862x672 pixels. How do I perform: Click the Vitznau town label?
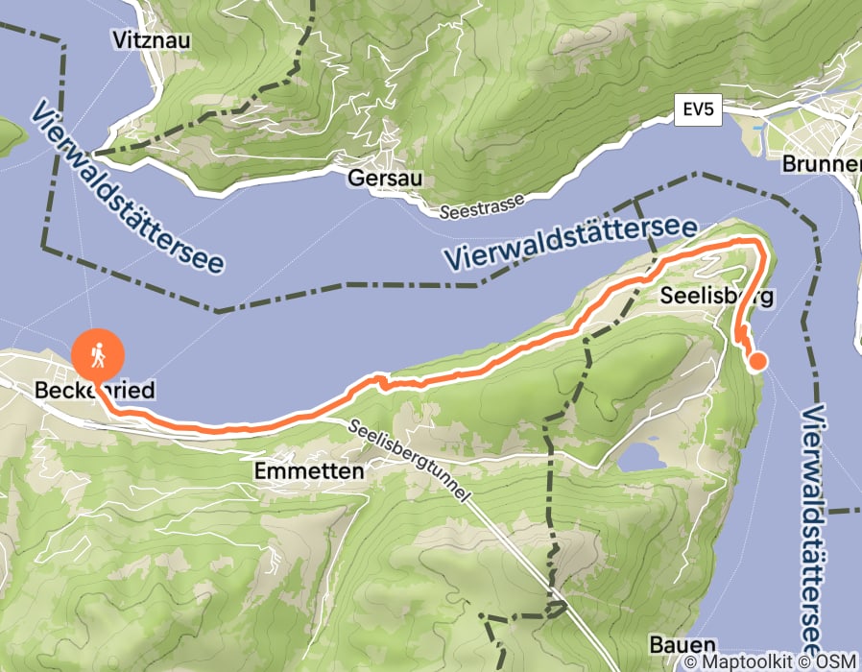pyautogui.click(x=152, y=40)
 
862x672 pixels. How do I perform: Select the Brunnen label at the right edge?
pyautogui.click(x=821, y=164)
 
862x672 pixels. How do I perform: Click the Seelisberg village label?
pyautogui.click(x=716, y=297)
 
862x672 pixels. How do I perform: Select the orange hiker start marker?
pyautogui.click(x=98, y=356)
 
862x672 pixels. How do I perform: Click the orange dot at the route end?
pyautogui.click(x=757, y=361)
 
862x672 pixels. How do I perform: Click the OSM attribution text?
pyautogui.click(x=835, y=661)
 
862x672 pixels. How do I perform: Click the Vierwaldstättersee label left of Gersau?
pyautogui.click(x=125, y=186)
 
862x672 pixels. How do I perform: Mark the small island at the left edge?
pyautogui.click(x=8, y=137)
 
